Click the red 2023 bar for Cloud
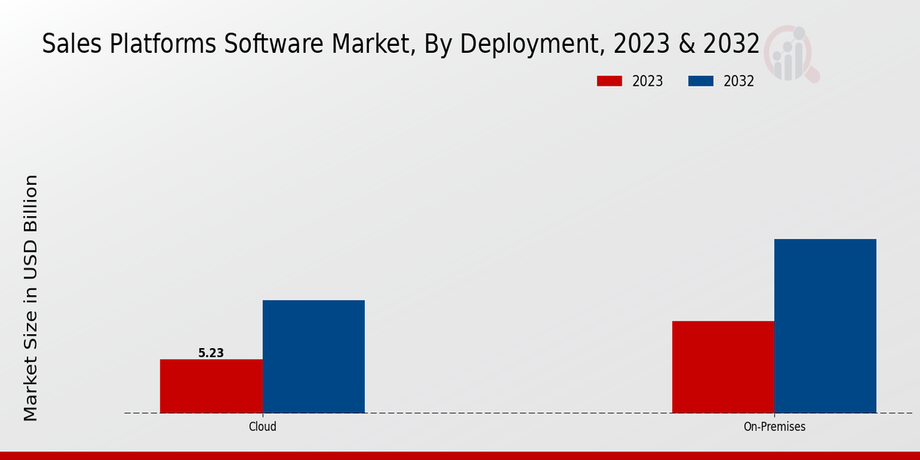pyautogui.click(x=211, y=386)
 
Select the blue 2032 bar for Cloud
pyautogui.click(x=314, y=356)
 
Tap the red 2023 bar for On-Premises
pyautogui.click(x=723, y=366)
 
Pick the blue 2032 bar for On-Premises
pyautogui.click(x=825, y=326)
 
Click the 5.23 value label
pyautogui.click(x=211, y=353)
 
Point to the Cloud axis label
pyautogui.click(x=262, y=427)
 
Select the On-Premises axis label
pyautogui.click(x=774, y=427)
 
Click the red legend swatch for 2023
pyautogui.click(x=609, y=81)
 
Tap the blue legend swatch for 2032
pyautogui.click(x=701, y=81)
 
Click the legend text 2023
pyautogui.click(x=648, y=81)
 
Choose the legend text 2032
pyautogui.click(x=739, y=81)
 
